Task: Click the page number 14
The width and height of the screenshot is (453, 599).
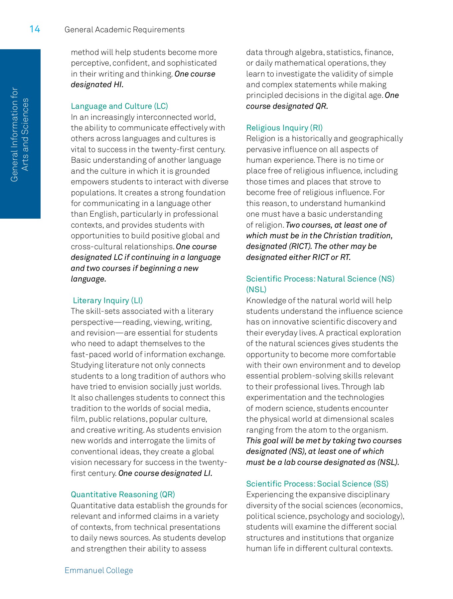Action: [35, 29]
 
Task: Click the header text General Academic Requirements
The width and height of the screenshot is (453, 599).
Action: [124, 30]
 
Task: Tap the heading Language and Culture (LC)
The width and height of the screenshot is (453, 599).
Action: [119, 106]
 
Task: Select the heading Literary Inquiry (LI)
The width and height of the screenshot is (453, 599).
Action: [107, 300]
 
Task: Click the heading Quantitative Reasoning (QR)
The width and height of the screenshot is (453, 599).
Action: [123, 495]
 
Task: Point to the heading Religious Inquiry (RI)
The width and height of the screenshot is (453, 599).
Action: [284, 128]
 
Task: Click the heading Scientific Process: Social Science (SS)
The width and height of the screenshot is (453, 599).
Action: [317, 484]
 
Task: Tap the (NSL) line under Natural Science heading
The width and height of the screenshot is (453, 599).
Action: [256, 290]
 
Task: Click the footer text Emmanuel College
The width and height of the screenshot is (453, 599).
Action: [99, 570]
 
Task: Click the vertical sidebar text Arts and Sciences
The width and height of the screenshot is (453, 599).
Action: [25, 134]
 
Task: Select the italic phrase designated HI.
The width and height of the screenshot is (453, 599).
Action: [97, 85]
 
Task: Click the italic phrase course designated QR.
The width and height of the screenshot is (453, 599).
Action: [287, 106]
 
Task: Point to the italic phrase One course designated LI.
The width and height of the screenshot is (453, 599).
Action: [165, 473]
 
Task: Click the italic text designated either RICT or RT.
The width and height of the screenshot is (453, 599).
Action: [298, 257]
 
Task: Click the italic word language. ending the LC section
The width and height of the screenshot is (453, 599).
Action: [88, 279]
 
